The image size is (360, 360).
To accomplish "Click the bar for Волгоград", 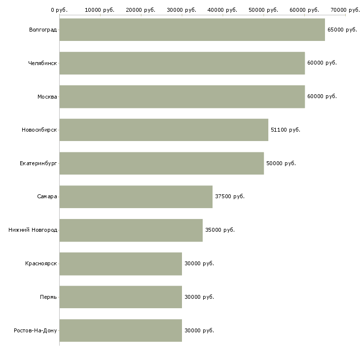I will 192,30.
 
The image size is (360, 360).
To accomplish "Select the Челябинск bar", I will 182,63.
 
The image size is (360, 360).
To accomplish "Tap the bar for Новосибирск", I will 164,130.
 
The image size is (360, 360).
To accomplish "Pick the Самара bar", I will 136,197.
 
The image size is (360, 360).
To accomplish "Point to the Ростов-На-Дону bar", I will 120,330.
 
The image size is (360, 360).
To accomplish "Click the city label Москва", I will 47,97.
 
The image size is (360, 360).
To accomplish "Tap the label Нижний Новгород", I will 33,230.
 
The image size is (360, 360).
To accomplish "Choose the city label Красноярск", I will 41,264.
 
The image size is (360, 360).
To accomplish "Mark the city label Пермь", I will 48,297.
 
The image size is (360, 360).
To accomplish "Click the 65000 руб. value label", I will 342,30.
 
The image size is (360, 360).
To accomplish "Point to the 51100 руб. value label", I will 285,130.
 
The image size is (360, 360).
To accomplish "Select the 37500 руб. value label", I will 229,197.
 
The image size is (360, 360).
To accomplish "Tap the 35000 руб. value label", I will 219,230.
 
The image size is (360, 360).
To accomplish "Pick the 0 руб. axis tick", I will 59,10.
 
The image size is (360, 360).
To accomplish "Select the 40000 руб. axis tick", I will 222,10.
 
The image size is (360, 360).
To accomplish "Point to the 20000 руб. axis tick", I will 141,10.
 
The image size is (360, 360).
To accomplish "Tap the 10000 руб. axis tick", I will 100,10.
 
